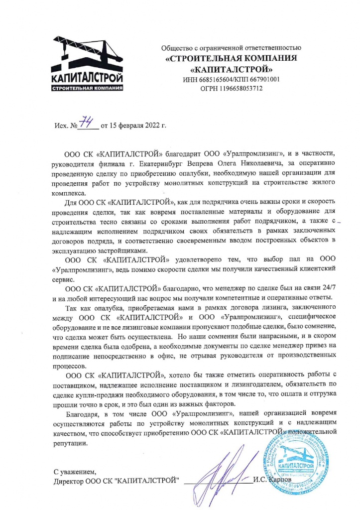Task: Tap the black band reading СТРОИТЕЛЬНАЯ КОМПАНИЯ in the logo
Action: pyautogui.click(x=87, y=89)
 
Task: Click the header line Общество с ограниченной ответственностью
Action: pyautogui.click(x=232, y=48)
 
